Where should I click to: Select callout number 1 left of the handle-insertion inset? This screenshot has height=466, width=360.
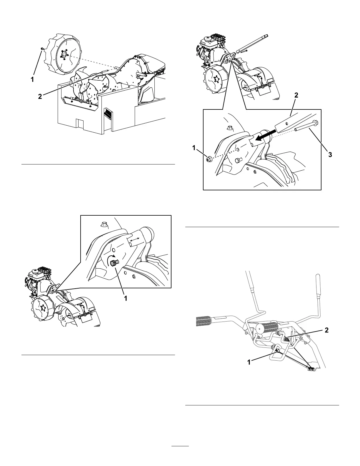(194, 149)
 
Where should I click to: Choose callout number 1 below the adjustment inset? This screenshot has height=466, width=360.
(126, 298)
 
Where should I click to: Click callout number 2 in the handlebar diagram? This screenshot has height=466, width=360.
(326, 330)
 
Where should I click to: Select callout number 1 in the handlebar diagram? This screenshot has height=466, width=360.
(249, 362)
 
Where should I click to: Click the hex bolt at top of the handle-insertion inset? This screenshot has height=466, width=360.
(229, 128)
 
